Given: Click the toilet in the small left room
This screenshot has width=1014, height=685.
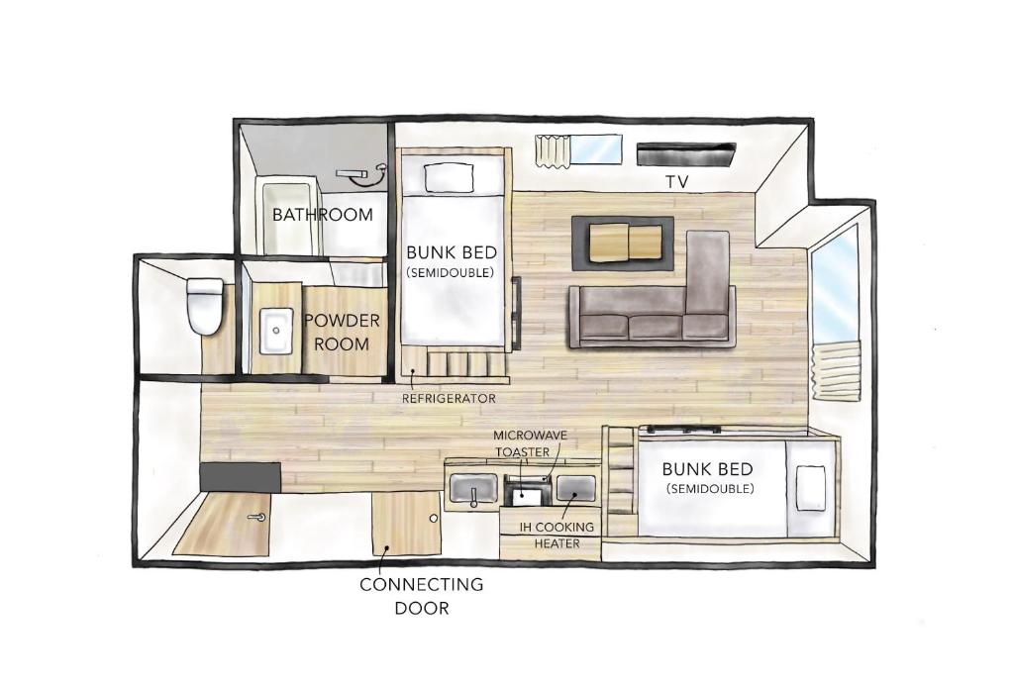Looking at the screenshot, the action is [x=204, y=306].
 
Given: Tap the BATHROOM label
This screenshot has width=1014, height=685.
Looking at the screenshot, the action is [x=323, y=215].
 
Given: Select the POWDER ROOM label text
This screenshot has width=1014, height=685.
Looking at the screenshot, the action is [x=342, y=333].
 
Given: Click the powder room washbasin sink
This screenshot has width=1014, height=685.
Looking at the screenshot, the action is [x=277, y=331].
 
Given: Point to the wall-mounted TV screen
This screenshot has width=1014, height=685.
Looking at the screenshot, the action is [x=686, y=153].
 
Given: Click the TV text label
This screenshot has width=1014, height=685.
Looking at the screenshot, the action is [x=677, y=182].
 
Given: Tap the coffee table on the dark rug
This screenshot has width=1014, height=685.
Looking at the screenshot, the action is [x=626, y=243].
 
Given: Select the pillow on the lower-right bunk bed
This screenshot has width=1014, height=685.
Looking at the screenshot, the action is [x=811, y=488].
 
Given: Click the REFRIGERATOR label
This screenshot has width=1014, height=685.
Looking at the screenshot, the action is [x=449, y=399].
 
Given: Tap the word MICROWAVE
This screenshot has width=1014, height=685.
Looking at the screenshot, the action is [x=531, y=436].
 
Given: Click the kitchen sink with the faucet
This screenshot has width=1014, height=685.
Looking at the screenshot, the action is [x=473, y=489].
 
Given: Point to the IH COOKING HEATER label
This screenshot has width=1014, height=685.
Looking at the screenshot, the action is [x=557, y=536].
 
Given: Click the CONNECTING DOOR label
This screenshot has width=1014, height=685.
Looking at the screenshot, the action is [x=422, y=596].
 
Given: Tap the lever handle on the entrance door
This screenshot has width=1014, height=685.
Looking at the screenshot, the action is [x=258, y=517].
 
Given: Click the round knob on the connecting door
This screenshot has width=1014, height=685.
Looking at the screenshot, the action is [x=434, y=519].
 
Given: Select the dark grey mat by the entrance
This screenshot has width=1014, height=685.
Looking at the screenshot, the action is [x=240, y=477].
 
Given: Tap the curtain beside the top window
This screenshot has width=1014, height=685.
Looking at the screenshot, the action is [x=553, y=151].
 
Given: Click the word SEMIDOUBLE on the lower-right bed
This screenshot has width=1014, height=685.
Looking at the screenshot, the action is [x=709, y=489].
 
